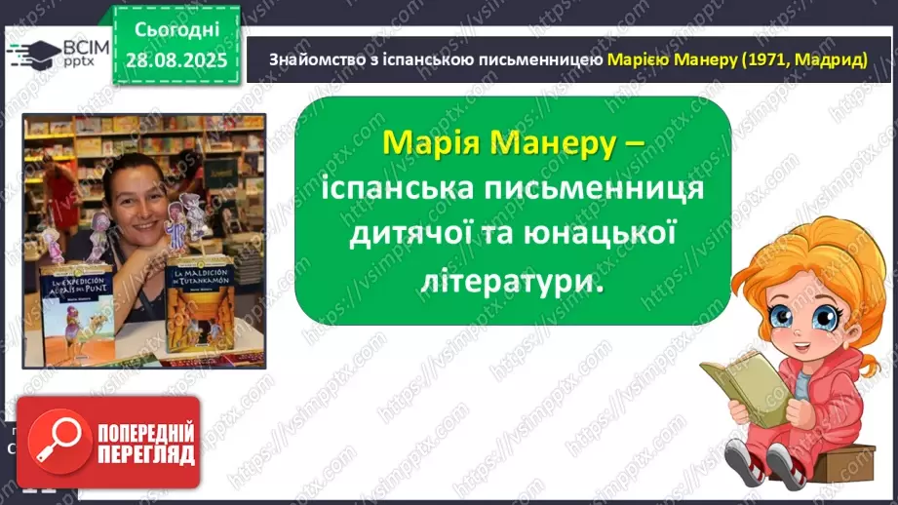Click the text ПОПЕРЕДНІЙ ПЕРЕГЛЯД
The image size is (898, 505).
pyautogui.click(x=141, y=442)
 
